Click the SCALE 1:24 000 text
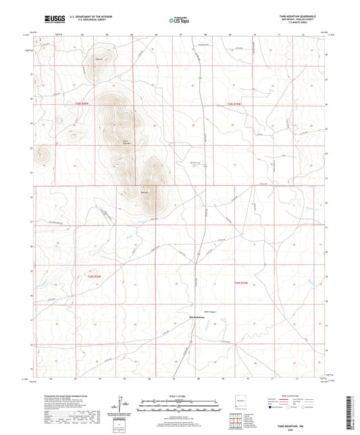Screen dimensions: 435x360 pos(180,394)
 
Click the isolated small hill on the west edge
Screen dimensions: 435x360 pos(43,156)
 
